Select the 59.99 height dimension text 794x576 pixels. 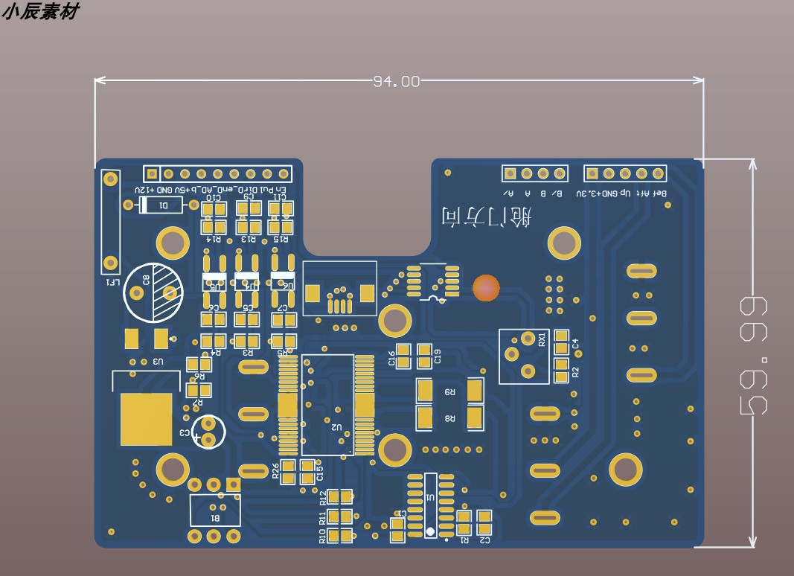(x=753, y=355)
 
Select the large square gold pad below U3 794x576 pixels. (x=146, y=419)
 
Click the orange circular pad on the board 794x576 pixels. (x=487, y=288)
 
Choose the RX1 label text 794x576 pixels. (x=542, y=340)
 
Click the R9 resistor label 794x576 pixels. (x=449, y=391)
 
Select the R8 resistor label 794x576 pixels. (x=449, y=419)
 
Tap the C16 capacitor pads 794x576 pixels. (x=403, y=356)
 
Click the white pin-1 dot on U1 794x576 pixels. (x=429, y=531)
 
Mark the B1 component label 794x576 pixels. (x=215, y=517)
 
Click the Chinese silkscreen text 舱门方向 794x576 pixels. (x=487, y=217)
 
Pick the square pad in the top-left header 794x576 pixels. (x=152, y=174)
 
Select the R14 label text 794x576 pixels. (x=214, y=240)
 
